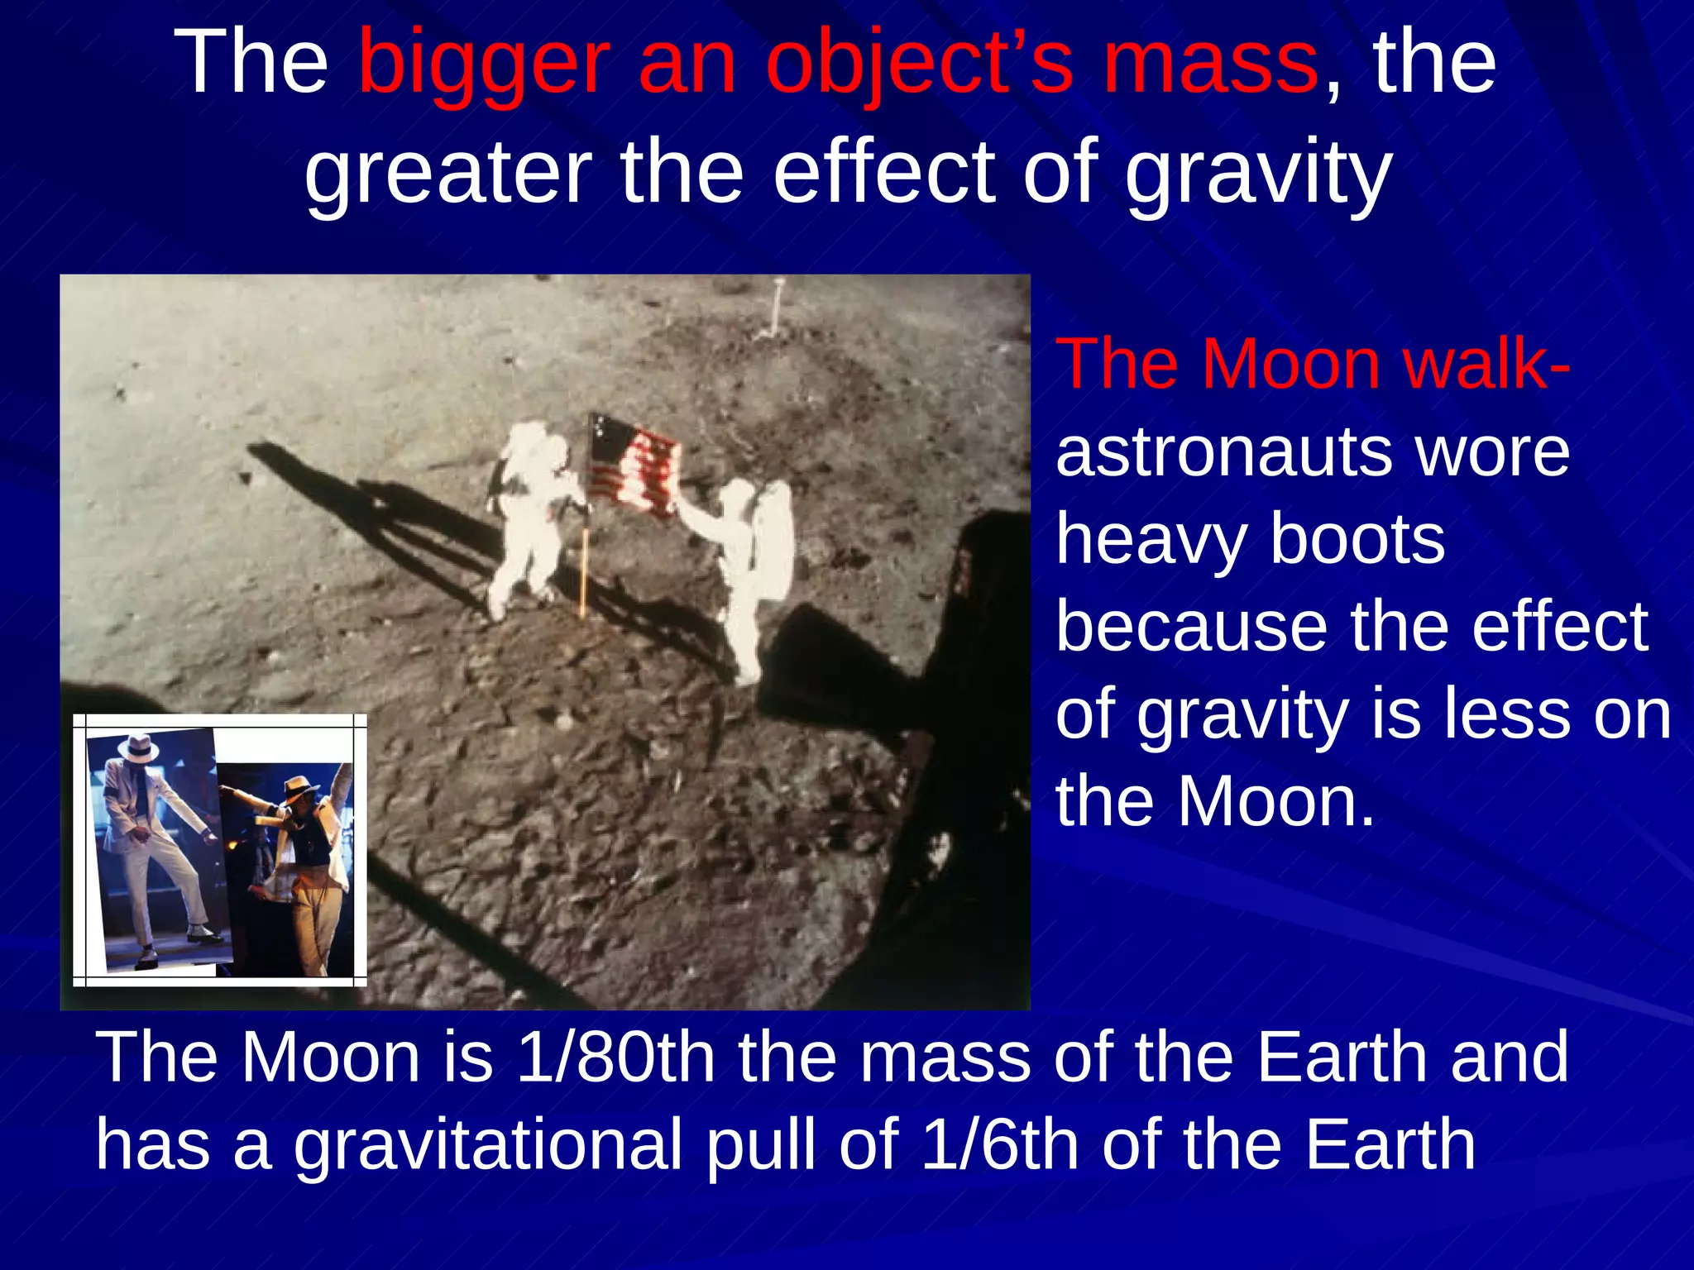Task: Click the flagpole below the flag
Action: [x=585, y=571]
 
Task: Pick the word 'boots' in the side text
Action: [x=1357, y=539]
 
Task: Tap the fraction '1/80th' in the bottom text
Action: [x=615, y=1058]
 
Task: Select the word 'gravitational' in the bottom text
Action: [x=488, y=1145]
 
